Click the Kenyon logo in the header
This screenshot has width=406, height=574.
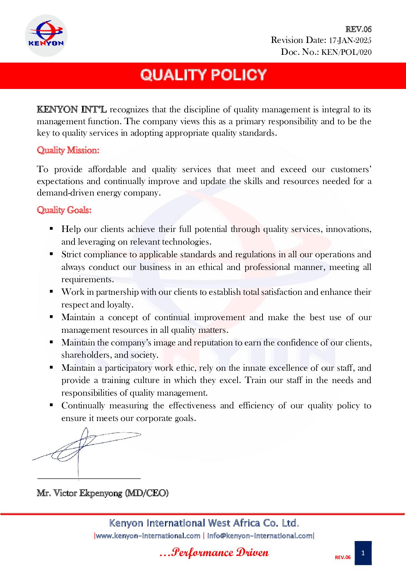[x=46, y=36]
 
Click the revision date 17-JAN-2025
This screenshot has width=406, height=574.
[x=350, y=40]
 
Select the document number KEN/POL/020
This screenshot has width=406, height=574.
[x=346, y=52]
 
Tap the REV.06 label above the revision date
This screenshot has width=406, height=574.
[x=358, y=29]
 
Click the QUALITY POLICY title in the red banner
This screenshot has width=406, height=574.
[x=203, y=75]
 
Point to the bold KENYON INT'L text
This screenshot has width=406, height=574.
[x=72, y=110]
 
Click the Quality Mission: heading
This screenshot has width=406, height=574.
[x=68, y=150]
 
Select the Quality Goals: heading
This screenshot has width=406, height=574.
[x=64, y=210]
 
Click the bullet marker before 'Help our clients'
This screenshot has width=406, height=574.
[x=51, y=229]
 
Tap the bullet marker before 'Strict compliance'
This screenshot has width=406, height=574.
[x=51, y=254]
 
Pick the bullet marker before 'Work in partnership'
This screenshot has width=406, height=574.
[x=51, y=291]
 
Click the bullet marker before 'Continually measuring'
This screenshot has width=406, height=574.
[x=51, y=405]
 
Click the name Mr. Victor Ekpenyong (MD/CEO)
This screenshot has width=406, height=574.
[x=102, y=493]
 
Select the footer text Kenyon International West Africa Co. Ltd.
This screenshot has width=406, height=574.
[x=204, y=523]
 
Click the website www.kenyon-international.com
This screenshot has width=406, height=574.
[x=148, y=536]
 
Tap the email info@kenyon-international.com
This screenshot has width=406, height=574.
[x=259, y=536]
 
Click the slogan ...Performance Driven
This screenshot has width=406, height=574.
[x=214, y=553]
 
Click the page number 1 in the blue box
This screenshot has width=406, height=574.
[x=363, y=553]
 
